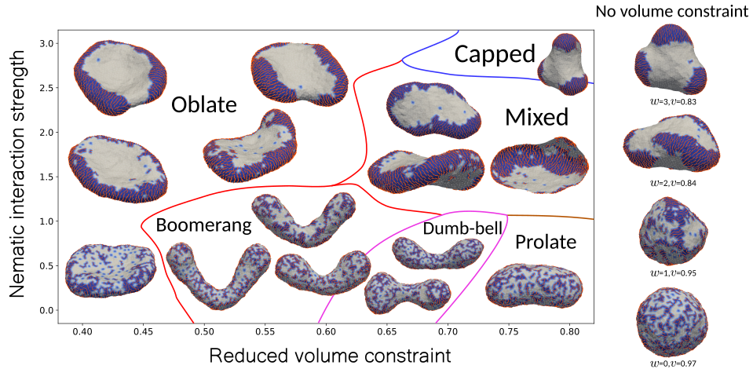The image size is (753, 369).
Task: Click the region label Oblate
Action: pyautogui.click(x=204, y=104)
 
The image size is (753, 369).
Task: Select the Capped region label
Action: pyautogui.click(x=495, y=54)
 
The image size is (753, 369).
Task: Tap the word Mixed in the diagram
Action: pyautogui.click(x=536, y=117)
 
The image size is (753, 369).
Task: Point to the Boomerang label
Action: pyautogui.click(x=204, y=225)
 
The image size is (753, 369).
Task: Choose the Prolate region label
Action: pyautogui.click(x=546, y=242)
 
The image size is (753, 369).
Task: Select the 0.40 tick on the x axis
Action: pyautogui.click(x=83, y=331)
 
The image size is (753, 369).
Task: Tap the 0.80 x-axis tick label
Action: pyautogui.click(x=569, y=331)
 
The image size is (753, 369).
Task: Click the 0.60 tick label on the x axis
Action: pyautogui.click(x=326, y=331)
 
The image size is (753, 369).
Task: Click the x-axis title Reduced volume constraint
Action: pyautogui.click(x=330, y=356)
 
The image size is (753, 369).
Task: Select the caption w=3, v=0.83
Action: pyautogui.click(x=671, y=102)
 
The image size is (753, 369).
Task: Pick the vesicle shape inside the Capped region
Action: pyautogui.click(x=563, y=64)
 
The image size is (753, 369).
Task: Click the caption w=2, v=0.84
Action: pyautogui.click(x=671, y=183)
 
